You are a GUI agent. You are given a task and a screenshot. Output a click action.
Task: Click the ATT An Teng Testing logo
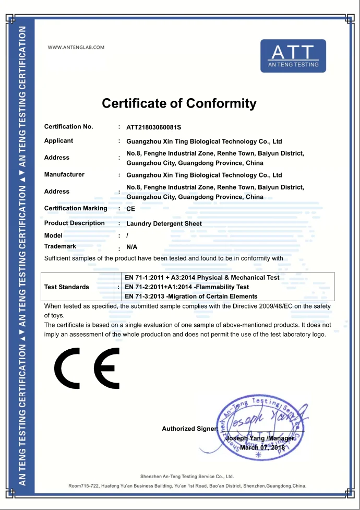coord(293,56)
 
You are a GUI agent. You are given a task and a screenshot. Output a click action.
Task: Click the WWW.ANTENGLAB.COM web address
coord(76,48)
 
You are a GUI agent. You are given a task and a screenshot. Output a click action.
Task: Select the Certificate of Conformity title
coord(179,103)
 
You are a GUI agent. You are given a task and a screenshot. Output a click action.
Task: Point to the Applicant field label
coord(58,140)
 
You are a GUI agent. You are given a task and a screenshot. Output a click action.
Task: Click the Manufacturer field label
coord(64,174)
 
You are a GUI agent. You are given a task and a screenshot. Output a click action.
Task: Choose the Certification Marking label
coord(76,208)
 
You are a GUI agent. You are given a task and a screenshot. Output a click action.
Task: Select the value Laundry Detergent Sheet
coord(164,223)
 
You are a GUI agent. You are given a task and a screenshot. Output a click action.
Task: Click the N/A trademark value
coord(132,247)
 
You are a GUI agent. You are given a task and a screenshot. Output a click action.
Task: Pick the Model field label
coord(53,235)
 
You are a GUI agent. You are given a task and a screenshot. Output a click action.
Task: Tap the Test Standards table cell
coord(67,287)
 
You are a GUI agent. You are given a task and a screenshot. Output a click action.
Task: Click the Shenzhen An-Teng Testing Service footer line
coord(187,476)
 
